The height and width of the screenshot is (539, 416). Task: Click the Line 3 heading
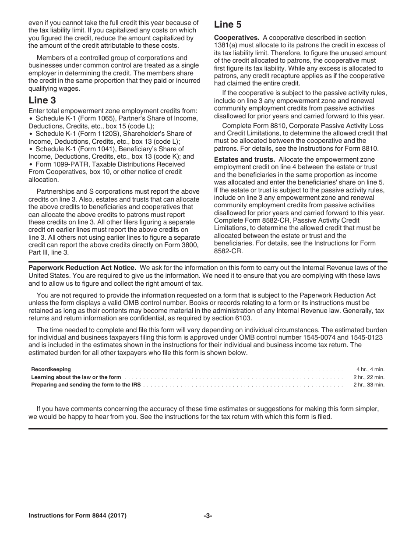[x=42, y=100]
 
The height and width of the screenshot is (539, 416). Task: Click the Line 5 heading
[x=228, y=25]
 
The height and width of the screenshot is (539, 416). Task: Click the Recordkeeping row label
[x=51, y=370]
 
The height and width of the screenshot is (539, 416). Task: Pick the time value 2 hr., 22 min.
[x=369, y=377]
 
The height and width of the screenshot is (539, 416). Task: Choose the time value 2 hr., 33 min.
[x=369, y=385]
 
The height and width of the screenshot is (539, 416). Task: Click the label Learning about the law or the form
[x=76, y=377]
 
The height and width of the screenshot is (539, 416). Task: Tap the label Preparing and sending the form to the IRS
[x=86, y=385]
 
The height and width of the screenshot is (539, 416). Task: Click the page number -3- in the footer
[x=208, y=516]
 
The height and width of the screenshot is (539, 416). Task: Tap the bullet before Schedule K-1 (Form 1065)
[x=31, y=118]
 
